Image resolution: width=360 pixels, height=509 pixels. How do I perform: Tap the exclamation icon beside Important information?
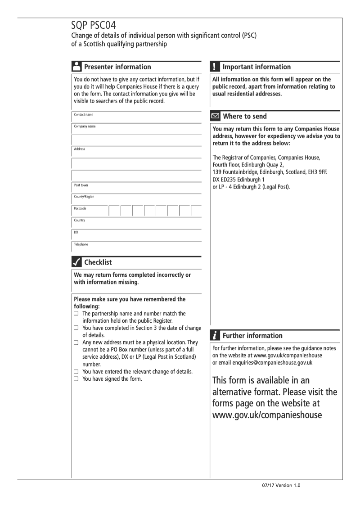point(215,67)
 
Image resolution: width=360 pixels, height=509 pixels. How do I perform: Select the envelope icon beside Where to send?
point(216,117)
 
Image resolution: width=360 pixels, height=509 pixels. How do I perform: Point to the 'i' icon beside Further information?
point(216,336)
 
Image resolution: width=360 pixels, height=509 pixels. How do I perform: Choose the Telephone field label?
point(81,245)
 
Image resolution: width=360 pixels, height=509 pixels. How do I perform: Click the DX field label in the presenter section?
point(76,233)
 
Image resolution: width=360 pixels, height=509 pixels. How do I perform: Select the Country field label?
point(80,221)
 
